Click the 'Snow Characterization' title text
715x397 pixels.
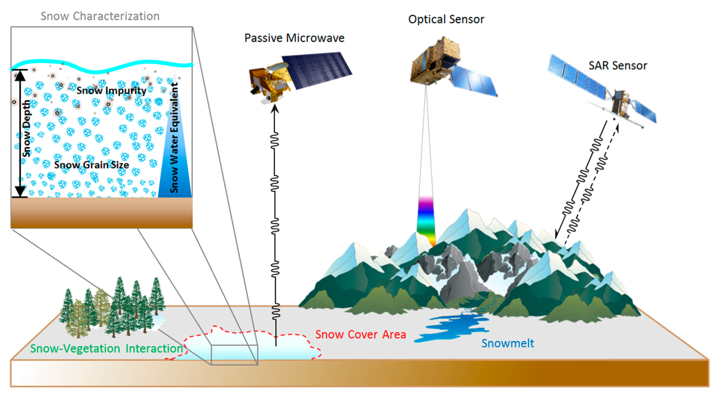(100, 16)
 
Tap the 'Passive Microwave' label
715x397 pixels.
(294, 38)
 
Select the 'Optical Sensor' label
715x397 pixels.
(446, 19)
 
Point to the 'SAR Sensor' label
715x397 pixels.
(618, 66)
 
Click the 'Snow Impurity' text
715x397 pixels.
(111, 90)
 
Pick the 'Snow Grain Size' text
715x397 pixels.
(91, 165)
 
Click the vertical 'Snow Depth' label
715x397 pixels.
(26, 129)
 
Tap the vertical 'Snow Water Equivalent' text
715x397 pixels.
(174, 137)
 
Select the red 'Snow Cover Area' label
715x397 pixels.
(360, 334)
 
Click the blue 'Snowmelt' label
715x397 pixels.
(507, 343)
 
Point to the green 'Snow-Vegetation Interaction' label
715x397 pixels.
(106, 348)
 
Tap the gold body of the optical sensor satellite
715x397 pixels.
(434, 61)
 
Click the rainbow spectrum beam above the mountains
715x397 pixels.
(426, 218)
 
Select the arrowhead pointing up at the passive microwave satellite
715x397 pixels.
(274, 109)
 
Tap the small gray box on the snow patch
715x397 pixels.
(234, 355)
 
